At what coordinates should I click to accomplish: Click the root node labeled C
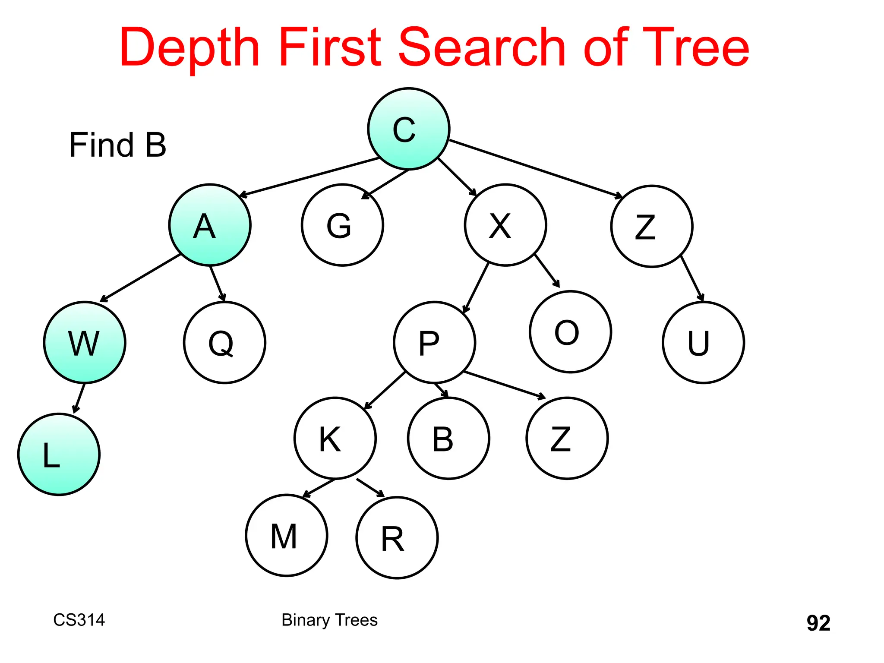point(408,129)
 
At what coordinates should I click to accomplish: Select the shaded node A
point(210,225)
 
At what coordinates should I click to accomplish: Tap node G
point(342,225)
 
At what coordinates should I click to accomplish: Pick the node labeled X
point(505,225)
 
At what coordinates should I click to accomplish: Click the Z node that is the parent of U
point(652,226)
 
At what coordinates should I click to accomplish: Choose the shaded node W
point(85,342)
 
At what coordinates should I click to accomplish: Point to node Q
point(224,342)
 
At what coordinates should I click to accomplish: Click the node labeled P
point(434,342)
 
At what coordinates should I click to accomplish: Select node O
point(570,331)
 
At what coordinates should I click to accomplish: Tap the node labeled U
point(703,342)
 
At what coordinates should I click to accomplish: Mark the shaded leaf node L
point(59,454)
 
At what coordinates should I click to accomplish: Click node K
point(335,438)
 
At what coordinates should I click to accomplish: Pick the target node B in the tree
point(448,438)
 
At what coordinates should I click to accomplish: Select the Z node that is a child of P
point(567,438)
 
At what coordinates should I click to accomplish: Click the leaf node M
point(287,535)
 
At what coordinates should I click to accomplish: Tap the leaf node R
point(397,538)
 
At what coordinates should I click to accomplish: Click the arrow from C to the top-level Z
point(535,169)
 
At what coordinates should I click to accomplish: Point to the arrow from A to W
point(140,278)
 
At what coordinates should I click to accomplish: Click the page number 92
point(818,623)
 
